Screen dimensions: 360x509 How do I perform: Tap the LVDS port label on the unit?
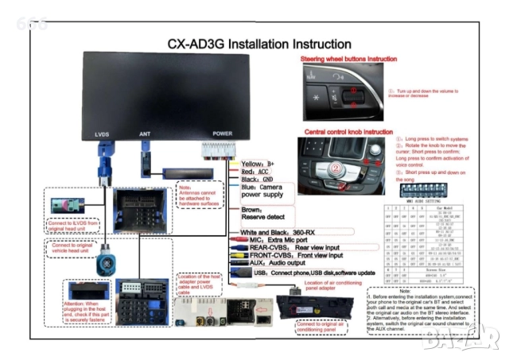pos(102,134)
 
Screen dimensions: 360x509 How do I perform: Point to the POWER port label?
pos(223,134)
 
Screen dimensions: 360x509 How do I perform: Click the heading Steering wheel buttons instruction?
pos(348,59)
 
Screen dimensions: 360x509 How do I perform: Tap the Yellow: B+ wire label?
pos(258,163)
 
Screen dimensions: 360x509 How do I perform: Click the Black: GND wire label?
pos(257,180)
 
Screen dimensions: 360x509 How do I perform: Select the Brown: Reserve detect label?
pos(262,215)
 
